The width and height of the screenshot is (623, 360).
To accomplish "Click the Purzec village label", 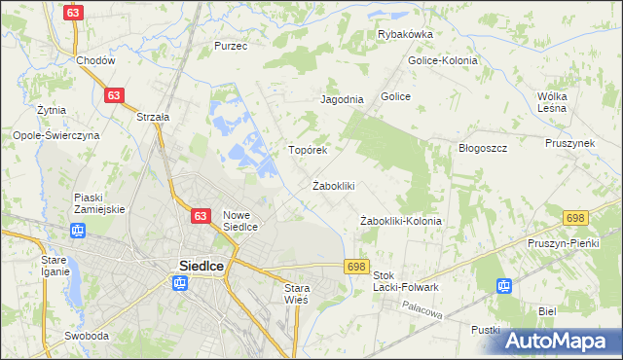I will click(231, 46).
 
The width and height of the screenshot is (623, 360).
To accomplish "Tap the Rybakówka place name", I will click(405, 34).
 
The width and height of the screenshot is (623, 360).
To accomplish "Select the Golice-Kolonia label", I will click(444, 60).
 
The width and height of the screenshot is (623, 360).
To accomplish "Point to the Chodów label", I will click(96, 60).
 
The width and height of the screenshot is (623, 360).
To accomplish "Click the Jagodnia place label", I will click(342, 99).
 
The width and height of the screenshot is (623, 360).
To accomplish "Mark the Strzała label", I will click(153, 117).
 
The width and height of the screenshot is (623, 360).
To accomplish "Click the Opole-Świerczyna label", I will click(55, 136).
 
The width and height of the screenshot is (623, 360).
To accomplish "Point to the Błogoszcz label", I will click(484, 148).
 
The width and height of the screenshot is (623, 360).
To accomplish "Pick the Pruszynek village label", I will click(569, 143).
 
